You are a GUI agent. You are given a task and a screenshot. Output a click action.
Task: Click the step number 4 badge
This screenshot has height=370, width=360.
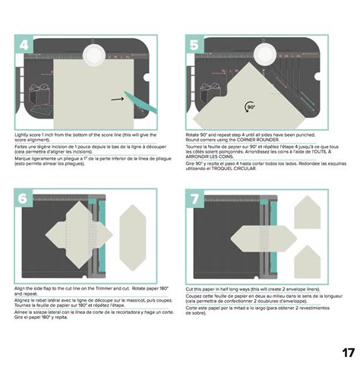click(25, 45)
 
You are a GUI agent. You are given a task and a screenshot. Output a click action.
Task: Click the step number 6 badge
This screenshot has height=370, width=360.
click(25, 198)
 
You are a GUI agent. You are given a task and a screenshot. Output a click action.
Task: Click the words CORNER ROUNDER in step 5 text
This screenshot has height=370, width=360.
click(270, 140)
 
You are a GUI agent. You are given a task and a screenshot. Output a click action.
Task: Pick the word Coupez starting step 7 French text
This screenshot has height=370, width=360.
click(194, 298)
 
